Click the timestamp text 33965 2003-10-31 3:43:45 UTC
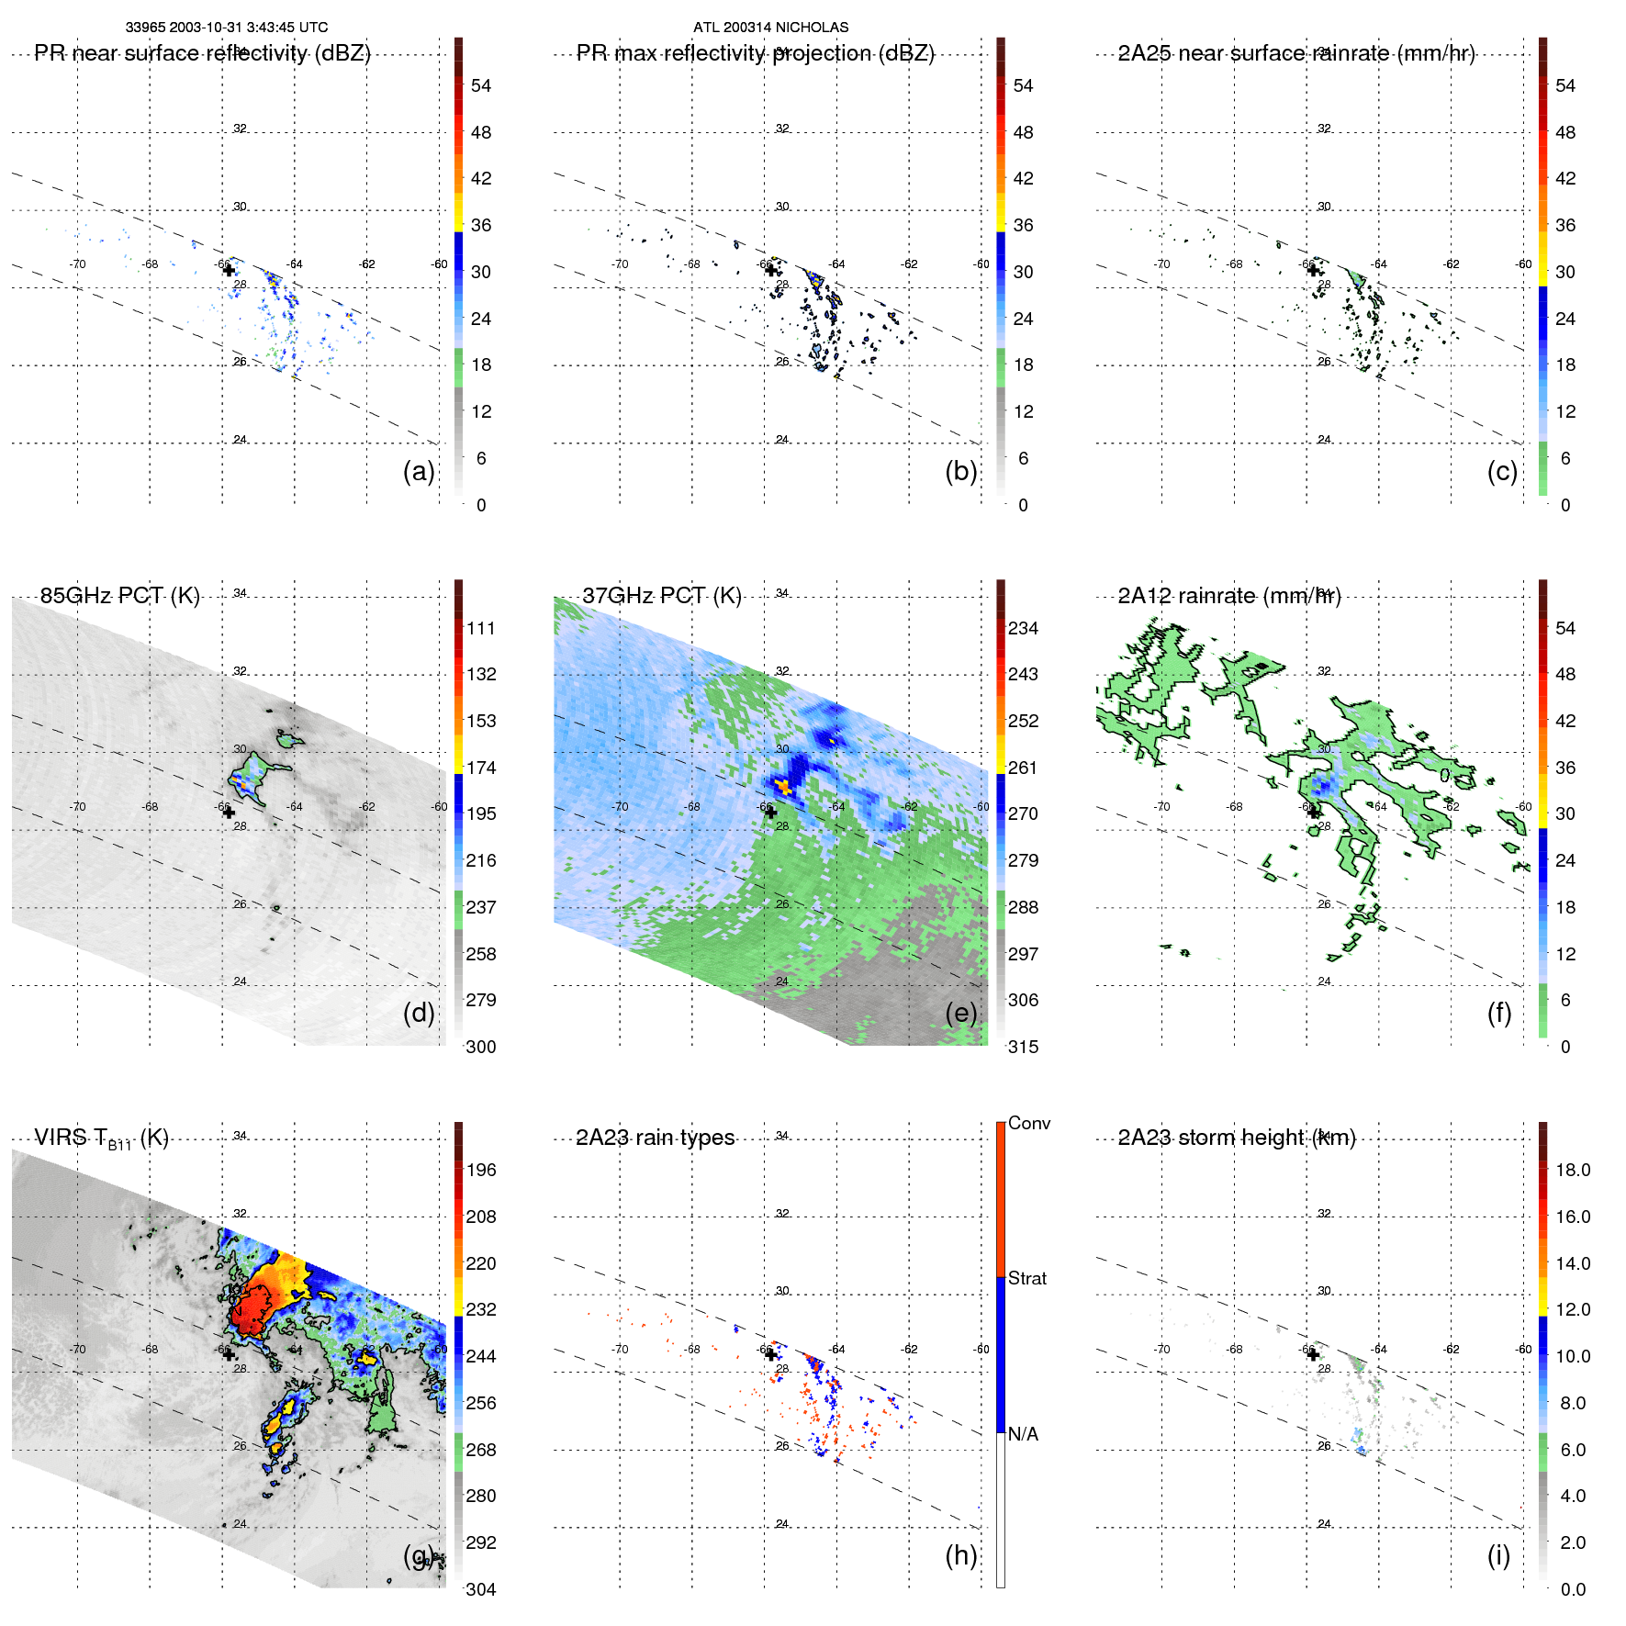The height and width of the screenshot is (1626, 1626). [226, 28]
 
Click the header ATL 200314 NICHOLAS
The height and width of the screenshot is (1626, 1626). [770, 28]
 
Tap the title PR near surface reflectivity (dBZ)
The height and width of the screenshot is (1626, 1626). [202, 53]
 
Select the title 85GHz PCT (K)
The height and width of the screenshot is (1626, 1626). [119, 596]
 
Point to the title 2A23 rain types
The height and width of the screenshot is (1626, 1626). [655, 1138]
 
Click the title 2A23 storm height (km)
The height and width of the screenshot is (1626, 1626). [1236, 1138]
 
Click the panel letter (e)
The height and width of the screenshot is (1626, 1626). [960, 1013]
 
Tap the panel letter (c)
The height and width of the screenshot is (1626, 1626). [1502, 471]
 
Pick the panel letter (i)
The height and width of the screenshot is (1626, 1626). [1498, 1555]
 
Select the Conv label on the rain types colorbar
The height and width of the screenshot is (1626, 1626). [1028, 1123]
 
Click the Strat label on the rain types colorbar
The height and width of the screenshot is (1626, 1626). [1026, 1278]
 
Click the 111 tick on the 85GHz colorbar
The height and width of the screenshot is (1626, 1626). [480, 628]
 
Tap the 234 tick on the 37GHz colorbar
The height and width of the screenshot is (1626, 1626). [1023, 628]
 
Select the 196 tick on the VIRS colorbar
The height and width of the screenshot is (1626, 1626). [480, 1170]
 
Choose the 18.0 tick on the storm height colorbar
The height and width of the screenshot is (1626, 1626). [1572, 1170]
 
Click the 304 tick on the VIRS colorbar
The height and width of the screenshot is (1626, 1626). [480, 1589]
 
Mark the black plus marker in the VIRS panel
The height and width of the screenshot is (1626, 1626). [229, 1354]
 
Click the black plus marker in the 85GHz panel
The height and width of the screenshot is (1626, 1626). [229, 813]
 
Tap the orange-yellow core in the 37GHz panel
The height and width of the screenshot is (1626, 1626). [782, 786]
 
